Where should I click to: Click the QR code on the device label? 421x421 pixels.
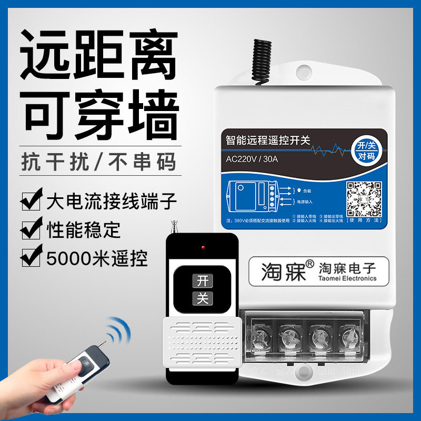(363, 199)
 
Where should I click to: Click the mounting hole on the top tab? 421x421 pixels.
(304, 71)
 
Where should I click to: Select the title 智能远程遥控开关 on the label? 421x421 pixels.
(268, 140)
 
